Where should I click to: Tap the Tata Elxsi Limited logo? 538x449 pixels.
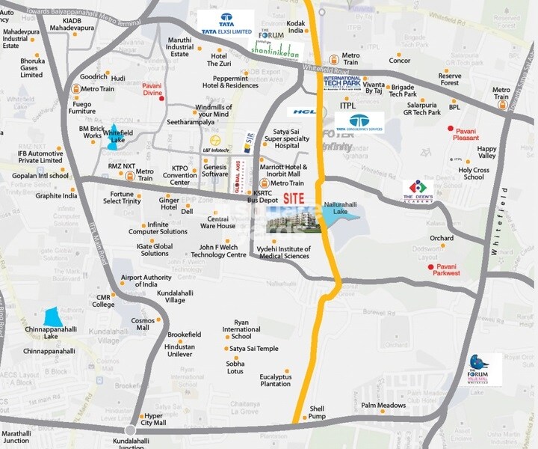pos(226,23)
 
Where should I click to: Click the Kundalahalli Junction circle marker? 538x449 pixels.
pos(131,430)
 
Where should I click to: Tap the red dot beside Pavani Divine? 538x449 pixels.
pos(162,97)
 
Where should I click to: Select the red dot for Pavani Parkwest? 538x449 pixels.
pos(430,267)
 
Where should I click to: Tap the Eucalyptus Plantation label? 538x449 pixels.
pos(275,380)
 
